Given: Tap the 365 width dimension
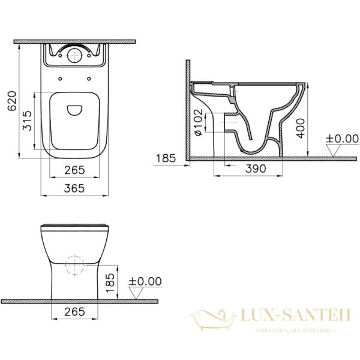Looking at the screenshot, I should coord(74,188).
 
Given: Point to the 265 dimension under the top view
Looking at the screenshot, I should coord(74,170).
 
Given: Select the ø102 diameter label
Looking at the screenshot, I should coord(198,122).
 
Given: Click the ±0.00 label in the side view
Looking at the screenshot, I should coord(341,139).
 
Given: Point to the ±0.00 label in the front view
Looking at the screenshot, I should coord(146,281).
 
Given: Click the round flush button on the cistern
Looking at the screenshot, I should coord(75,55).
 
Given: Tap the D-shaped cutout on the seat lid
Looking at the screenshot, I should coord(75,110).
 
